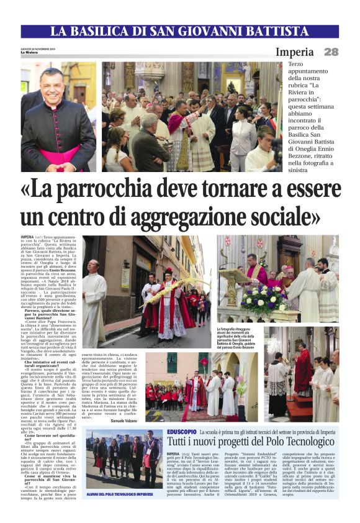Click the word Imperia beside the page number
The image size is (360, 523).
pos(295,52)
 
